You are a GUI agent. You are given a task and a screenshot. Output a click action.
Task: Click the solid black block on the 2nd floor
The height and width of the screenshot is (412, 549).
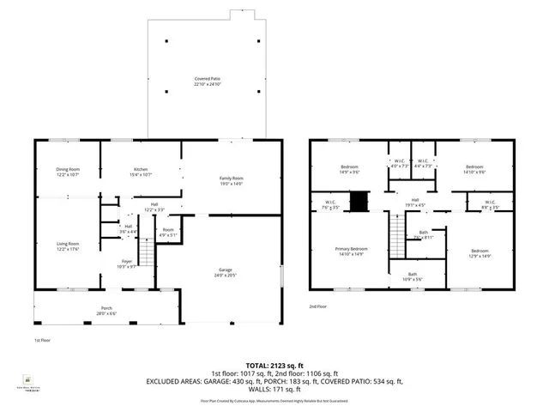pos(363,203)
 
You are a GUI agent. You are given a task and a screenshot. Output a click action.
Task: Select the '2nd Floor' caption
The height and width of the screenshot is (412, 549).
pos(319,306)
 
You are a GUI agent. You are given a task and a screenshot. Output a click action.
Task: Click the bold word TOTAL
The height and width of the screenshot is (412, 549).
pos(258,366)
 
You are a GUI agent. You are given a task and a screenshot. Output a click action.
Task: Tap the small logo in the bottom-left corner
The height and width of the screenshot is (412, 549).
pos(27,379)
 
